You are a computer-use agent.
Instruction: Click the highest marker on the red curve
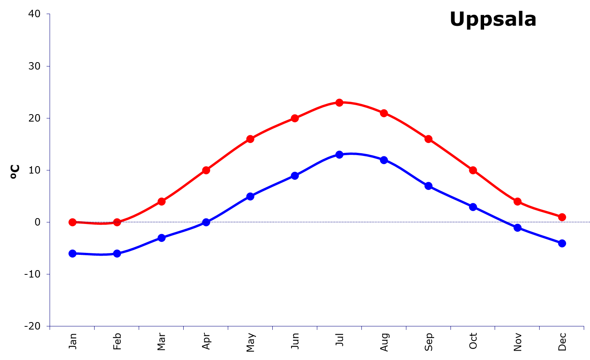(340, 102)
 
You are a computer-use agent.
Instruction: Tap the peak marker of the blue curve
(340, 154)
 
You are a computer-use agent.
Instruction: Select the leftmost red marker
(72, 222)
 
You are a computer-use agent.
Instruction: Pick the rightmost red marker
(562, 217)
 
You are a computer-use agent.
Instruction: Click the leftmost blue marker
(72, 253)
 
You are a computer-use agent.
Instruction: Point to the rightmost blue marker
(562, 243)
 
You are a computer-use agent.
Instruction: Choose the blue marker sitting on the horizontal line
(206, 222)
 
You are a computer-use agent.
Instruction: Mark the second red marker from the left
(117, 222)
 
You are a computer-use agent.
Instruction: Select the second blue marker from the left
(117, 253)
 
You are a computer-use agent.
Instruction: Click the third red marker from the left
(161, 201)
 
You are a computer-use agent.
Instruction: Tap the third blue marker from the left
(161, 238)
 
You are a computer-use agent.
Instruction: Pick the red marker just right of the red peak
(384, 113)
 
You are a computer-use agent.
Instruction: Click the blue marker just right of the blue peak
(384, 160)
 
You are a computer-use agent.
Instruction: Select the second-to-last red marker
(517, 201)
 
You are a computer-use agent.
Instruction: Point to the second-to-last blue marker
(517, 227)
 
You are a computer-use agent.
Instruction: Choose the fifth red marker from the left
(250, 139)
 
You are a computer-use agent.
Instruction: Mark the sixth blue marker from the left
(295, 176)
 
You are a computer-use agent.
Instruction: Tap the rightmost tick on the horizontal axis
(584, 328)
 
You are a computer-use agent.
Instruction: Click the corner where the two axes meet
(50, 326)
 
